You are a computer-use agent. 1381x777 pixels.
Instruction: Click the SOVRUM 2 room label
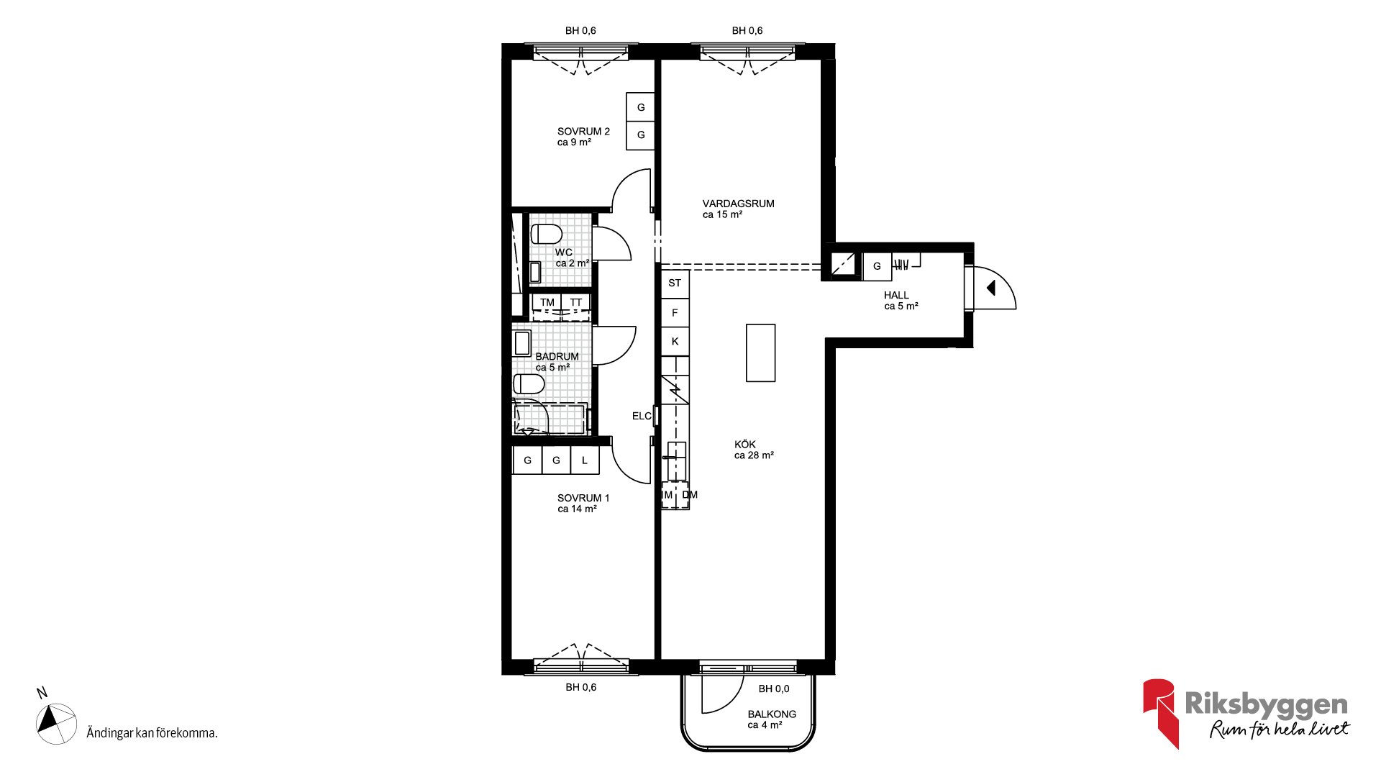point(583,132)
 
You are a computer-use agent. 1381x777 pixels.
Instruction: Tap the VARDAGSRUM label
point(739,204)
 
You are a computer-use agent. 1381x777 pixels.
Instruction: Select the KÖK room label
point(745,445)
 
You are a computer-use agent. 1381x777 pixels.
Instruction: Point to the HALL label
point(896,295)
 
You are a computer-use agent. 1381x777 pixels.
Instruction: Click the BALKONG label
point(772,714)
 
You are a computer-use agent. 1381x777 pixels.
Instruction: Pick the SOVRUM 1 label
point(583,498)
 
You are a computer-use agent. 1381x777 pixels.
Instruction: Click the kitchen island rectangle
point(760,353)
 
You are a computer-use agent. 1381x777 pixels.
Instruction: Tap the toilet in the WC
point(547,235)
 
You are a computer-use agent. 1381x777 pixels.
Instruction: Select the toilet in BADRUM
point(529,384)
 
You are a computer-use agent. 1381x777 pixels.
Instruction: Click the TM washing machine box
point(547,302)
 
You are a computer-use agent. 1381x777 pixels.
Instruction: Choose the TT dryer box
point(576,302)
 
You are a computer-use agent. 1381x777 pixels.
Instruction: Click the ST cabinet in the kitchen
point(675,283)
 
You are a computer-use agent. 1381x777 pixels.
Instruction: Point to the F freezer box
point(675,313)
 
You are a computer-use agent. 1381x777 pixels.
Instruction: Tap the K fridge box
point(675,342)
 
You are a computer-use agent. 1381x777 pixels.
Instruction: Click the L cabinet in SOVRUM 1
point(585,460)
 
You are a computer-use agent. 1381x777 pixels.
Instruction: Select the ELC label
point(642,416)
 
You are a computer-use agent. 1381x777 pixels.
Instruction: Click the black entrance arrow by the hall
point(990,288)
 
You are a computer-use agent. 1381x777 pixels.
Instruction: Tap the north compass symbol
point(56,723)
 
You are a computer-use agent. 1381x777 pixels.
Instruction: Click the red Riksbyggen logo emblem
point(1159,712)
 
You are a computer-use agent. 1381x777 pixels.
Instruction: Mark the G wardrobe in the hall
point(877,266)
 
